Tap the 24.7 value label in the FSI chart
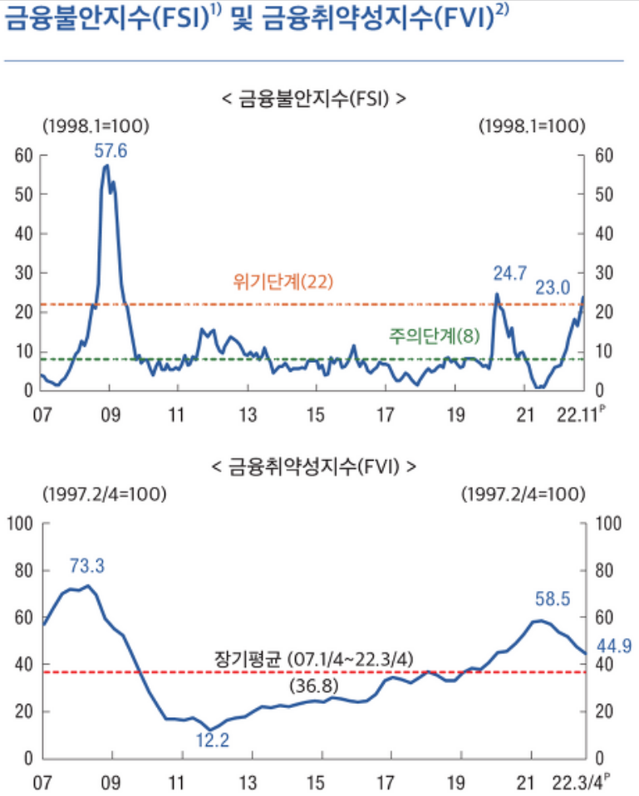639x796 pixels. pyautogui.click(x=509, y=272)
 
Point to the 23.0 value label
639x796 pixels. pyautogui.click(x=553, y=287)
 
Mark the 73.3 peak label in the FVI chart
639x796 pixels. pyautogui.click(x=87, y=566)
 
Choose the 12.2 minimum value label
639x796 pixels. pyautogui.click(x=214, y=739)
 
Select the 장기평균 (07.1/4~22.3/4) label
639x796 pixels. pyautogui.click(x=312, y=658)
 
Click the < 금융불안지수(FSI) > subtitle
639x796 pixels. pyautogui.click(x=314, y=99)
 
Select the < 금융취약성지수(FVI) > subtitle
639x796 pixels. pyautogui.click(x=314, y=467)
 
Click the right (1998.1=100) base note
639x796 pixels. pyautogui.click(x=533, y=126)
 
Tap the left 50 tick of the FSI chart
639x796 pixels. pyautogui.click(x=23, y=194)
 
